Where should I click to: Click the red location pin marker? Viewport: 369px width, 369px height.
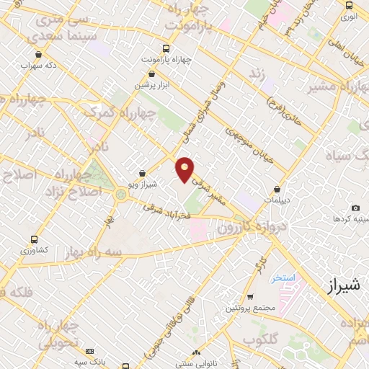[185, 169]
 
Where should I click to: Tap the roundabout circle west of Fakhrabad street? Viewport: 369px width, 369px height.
[120, 193]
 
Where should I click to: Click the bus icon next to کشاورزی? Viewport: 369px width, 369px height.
[34, 239]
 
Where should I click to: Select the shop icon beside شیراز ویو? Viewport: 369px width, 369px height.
[141, 173]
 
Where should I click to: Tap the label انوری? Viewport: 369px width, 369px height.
[349, 14]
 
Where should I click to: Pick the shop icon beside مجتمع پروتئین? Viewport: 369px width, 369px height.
[249, 297]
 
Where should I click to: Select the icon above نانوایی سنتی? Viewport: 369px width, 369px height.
[195, 352]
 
